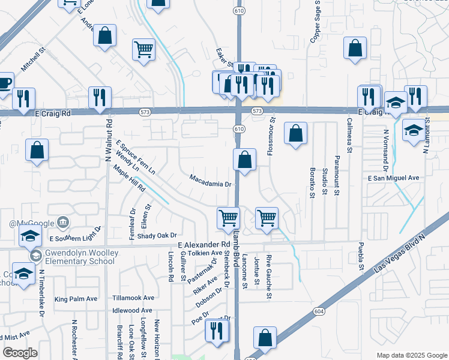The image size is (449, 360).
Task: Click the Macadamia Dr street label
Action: (x=210, y=180)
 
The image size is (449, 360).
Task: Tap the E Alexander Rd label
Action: (x=205, y=245)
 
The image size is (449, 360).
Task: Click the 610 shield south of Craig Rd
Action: (x=239, y=129)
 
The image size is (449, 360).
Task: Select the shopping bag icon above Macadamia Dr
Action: (x=244, y=160)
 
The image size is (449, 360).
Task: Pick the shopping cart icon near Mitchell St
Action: (x=144, y=50)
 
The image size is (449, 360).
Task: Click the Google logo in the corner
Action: (x=20, y=353)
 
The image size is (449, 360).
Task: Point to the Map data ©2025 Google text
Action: (x=412, y=355)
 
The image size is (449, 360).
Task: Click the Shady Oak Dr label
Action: (x=158, y=236)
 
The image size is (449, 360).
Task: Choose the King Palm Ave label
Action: (x=76, y=299)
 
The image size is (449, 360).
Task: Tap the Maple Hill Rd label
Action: (x=129, y=179)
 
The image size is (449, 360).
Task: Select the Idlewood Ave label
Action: (x=133, y=311)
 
